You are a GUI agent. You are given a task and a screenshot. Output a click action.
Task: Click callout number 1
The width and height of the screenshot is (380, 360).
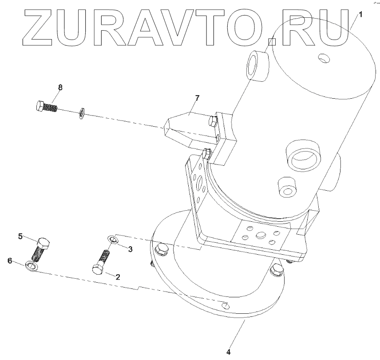(x=360, y=14)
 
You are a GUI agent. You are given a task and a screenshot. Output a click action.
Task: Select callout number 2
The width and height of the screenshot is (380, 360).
(x=118, y=277)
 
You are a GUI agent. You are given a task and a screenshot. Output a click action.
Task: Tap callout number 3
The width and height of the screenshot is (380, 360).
(x=130, y=249)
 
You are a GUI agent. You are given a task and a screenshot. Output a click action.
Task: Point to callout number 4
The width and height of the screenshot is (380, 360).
(x=229, y=352)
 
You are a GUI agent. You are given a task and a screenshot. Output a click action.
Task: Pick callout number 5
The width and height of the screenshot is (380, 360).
(x=20, y=236)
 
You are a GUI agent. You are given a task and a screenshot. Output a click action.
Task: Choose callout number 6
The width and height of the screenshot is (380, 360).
(x=10, y=261)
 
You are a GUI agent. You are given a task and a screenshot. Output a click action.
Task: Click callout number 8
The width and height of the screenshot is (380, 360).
(x=60, y=87)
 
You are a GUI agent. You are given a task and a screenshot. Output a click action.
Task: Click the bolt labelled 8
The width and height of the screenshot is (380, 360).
(x=46, y=107)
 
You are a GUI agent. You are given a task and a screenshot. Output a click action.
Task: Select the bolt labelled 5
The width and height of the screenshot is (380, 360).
(x=41, y=249)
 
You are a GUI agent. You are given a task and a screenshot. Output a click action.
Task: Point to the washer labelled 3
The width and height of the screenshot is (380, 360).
(x=113, y=240)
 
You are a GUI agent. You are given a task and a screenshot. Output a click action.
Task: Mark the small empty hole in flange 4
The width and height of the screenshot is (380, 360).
(x=226, y=306)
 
